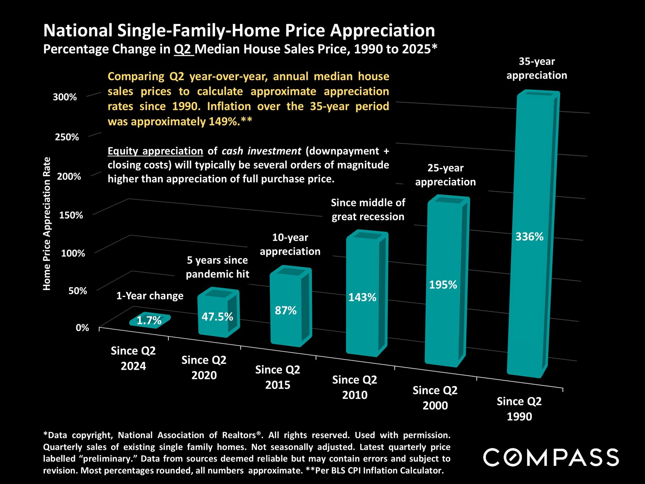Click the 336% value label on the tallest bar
(529, 237)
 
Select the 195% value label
(443, 285)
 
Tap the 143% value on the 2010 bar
(362, 297)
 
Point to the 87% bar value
(286, 310)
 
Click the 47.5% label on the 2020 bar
(217, 317)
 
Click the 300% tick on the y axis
(65, 97)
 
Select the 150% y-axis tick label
(71, 215)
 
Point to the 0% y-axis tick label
(82, 328)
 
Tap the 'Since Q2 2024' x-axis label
(133, 358)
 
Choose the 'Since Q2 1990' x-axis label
(519, 409)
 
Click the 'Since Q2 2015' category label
(277, 377)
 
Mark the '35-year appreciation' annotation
(536, 68)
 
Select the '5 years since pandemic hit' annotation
(217, 267)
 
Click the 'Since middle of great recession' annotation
(368, 209)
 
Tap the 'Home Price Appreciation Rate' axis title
(47, 224)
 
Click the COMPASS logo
(551, 457)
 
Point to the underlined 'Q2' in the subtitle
(183, 49)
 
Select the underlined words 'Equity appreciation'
(155, 151)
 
